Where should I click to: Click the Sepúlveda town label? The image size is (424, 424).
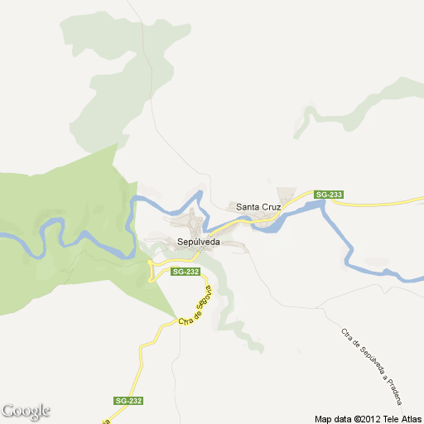click(x=198, y=241)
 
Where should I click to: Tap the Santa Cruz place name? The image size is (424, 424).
click(x=258, y=206)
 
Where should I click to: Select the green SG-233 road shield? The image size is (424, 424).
click(x=328, y=195)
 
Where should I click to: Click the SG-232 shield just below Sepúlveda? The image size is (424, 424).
click(x=185, y=272)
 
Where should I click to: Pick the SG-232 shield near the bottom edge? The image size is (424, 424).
click(x=128, y=401)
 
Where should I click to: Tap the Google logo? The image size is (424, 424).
click(x=26, y=411)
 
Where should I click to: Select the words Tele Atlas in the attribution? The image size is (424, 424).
click(x=402, y=417)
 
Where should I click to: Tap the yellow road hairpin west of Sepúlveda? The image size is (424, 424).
click(x=151, y=270)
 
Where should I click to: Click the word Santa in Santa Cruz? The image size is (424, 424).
click(x=248, y=206)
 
